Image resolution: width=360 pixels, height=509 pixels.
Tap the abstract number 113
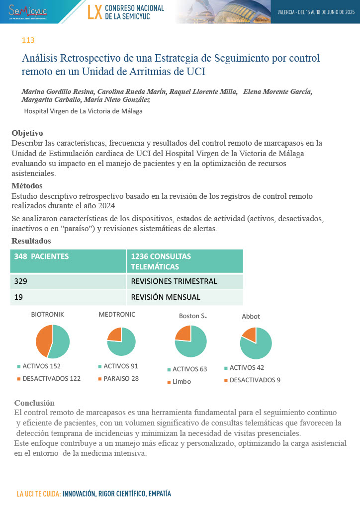tap(28, 40)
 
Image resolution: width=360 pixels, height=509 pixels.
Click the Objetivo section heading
tap(27, 133)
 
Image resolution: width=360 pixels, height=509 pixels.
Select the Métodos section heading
tap(27, 186)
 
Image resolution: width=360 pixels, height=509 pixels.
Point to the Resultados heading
tap(31, 241)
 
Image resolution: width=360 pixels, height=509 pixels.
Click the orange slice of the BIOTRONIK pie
tap(43, 340)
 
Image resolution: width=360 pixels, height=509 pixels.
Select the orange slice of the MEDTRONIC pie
tap(115, 335)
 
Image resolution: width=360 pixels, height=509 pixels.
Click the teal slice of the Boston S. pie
tap(191, 345)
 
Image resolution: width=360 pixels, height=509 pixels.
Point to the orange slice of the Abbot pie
tap(250, 334)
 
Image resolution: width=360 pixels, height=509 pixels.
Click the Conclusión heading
tap(34, 403)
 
